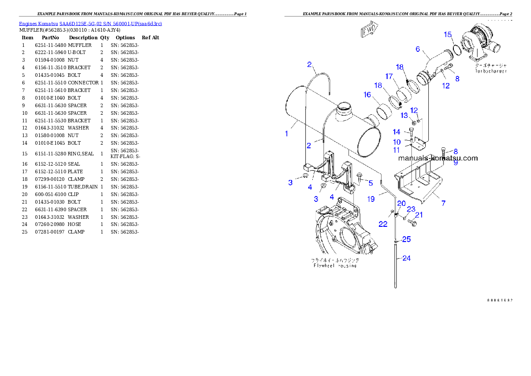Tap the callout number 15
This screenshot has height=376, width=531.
[448, 34]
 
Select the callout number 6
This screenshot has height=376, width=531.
[418, 49]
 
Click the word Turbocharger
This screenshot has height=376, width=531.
[491, 71]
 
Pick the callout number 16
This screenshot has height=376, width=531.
[367, 95]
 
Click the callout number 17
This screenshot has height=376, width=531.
[390, 76]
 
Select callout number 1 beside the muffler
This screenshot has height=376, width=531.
[286, 133]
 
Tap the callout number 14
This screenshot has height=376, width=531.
[397, 132]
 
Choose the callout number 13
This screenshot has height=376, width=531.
[404, 116]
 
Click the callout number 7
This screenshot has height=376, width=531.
[443, 203]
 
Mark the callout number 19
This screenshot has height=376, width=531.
[371, 199]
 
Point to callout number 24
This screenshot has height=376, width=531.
[406, 258]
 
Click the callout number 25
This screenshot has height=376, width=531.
[406, 239]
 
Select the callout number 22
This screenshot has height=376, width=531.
[383, 224]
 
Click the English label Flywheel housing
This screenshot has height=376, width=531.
[334, 266]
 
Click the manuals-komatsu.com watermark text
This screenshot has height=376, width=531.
[438, 158]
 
